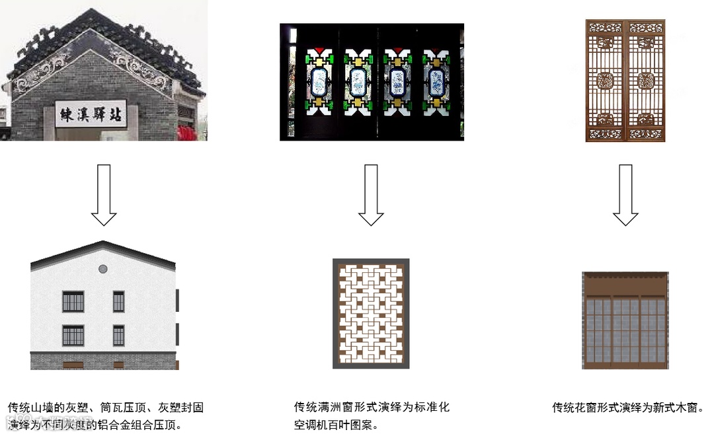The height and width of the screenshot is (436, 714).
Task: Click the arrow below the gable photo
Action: coord(104,195)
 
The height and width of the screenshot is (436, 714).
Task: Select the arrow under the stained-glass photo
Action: coord(371,195)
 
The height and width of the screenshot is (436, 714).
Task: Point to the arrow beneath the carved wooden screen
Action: coord(625,195)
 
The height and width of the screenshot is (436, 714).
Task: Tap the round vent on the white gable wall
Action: coord(103,269)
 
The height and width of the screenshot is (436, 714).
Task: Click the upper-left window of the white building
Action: coord(73,301)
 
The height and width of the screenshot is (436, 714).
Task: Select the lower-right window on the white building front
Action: coord(118,336)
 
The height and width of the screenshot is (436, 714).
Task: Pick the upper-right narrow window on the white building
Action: coord(118,301)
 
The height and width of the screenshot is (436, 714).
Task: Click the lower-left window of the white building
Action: coord(73,336)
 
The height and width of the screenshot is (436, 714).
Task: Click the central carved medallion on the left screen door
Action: coord(606,81)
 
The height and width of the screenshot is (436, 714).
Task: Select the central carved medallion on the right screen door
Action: coord(646,81)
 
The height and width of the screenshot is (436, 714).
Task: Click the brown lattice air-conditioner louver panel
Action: coord(371,314)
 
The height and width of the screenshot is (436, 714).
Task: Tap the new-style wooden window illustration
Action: coord(625,320)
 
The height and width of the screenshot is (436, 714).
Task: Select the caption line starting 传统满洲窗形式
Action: coord(372,407)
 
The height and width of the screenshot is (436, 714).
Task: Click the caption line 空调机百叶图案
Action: coord(337,425)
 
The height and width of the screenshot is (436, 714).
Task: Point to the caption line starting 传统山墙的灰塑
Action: coord(106,408)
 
